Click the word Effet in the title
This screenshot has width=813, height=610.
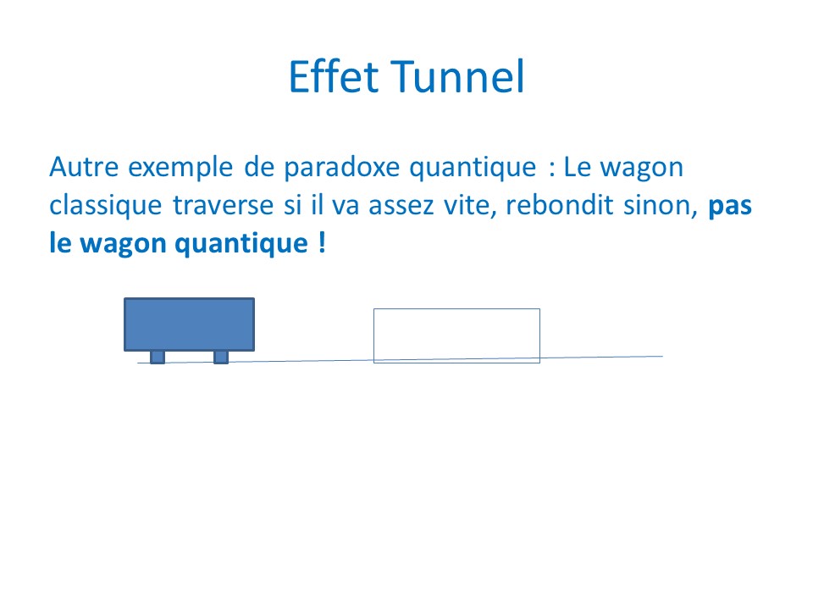pos(334,76)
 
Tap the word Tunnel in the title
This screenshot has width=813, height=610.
pos(457,76)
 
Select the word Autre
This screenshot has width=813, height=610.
pos(84,167)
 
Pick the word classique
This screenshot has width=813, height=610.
pos(106,205)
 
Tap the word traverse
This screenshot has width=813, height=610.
pos(223,206)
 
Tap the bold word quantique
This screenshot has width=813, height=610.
pos(241,244)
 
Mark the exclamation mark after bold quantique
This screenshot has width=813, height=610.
pos(322,242)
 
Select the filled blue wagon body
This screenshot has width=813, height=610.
pos(189,324)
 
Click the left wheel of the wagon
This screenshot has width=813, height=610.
pos(158,358)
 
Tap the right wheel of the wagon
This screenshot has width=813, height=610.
pos(221,358)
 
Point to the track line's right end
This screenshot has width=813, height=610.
pos(662,357)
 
